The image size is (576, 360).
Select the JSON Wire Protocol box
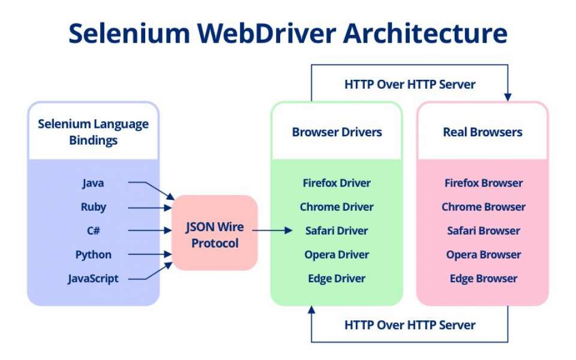215,232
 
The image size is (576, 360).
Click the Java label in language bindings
93,183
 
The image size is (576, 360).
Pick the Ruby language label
93,207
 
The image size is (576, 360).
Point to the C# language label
93,231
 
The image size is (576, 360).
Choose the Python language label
93,254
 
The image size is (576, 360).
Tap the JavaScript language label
93,278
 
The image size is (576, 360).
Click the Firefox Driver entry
337,183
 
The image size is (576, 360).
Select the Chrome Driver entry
337,207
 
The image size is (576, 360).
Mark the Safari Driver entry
337,231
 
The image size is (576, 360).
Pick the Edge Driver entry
337,278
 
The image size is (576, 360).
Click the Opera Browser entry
484,254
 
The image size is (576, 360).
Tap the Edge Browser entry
484,278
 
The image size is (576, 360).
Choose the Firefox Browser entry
484,183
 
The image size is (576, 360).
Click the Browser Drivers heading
337,132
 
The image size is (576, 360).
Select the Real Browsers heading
482,132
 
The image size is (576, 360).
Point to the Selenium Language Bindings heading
93,132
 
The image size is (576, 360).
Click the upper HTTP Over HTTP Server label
410,85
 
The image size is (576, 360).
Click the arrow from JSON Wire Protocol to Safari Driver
274,230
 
